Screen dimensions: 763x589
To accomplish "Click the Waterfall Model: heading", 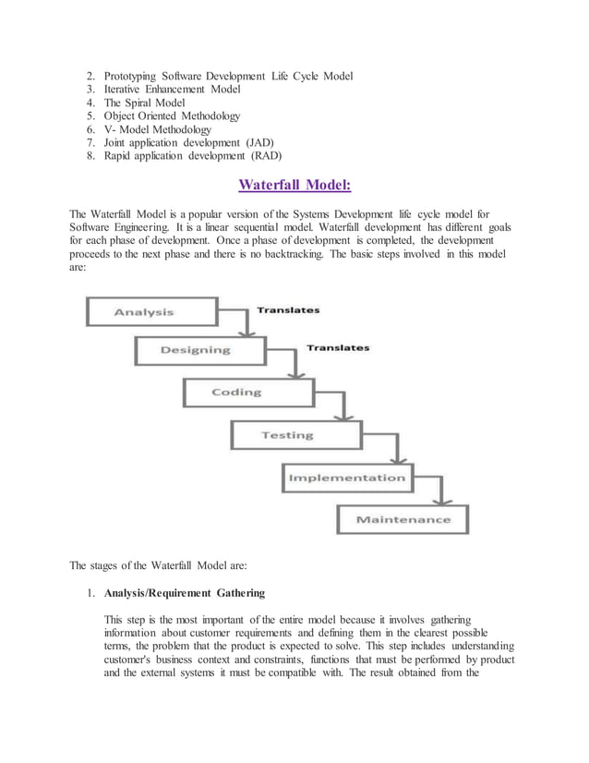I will pyautogui.click(x=294, y=185).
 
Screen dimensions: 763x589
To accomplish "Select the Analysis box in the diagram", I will pyautogui.click(x=151, y=311).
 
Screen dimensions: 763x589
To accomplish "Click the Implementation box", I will pyautogui.click(x=346, y=478).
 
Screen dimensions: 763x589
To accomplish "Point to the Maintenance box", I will pyautogui.click(x=403, y=519).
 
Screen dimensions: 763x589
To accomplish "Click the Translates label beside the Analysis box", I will pyautogui.click(x=288, y=310).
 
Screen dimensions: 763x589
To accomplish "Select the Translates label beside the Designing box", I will pyautogui.click(x=338, y=348).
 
